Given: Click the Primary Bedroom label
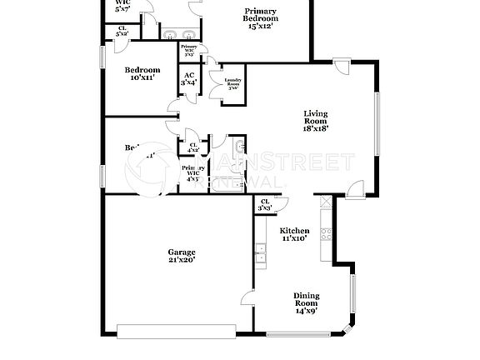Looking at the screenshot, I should pos(260,18).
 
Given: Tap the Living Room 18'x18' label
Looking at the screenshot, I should pos(316,122).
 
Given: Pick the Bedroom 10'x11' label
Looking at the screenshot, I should pos(142,74).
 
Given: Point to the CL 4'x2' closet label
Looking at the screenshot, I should pos(193,147).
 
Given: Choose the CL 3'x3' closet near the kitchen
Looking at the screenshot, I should pos(264,204).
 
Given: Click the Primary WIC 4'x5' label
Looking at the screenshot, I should pos(192,172).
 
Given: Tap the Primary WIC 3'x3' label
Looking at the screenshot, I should pos(188,50).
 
